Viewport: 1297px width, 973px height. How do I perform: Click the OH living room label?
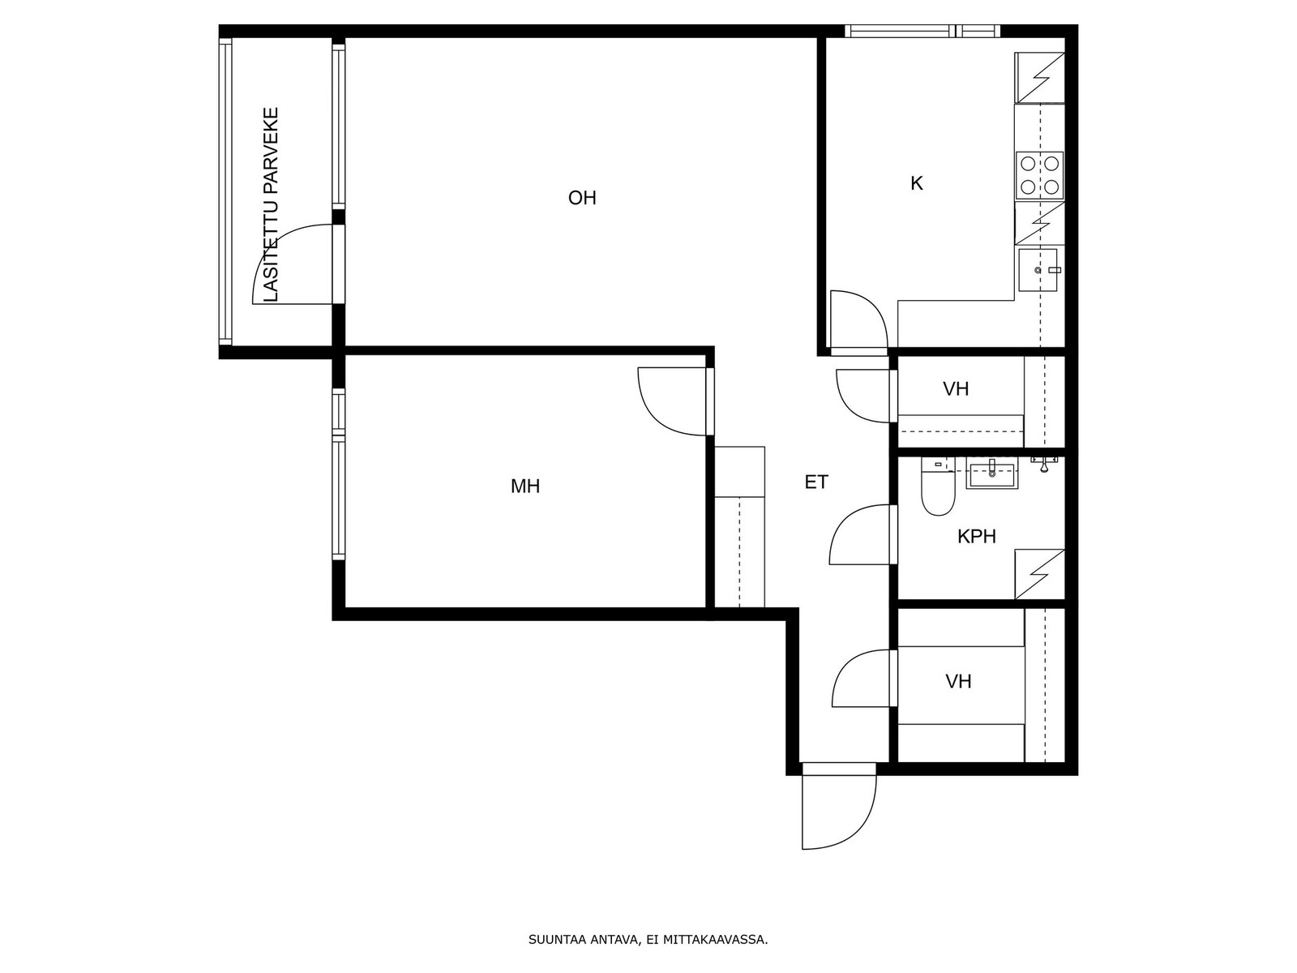[581, 198]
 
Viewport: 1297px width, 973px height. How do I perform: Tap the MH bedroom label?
[524, 486]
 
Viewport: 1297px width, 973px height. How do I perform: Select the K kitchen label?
[916, 184]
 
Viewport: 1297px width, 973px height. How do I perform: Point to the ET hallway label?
[816, 482]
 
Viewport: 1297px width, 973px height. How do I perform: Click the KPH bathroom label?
[976, 537]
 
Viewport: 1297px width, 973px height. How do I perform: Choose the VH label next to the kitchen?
[956, 388]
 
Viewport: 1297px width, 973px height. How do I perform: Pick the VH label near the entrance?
[958, 682]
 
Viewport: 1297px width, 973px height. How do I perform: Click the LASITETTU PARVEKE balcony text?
[270, 204]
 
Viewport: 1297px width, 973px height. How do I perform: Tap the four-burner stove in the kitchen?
[1039, 175]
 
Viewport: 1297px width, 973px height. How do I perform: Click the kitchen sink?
[1038, 270]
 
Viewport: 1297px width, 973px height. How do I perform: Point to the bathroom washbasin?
[992, 476]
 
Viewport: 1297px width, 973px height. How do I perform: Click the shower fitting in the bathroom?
[1045, 462]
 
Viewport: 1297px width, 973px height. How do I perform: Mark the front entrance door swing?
[838, 806]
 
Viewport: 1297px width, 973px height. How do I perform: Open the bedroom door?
[675, 401]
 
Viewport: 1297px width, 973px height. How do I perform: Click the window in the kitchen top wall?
[922, 31]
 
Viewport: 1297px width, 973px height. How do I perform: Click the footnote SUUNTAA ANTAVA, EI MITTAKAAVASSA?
[648, 940]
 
